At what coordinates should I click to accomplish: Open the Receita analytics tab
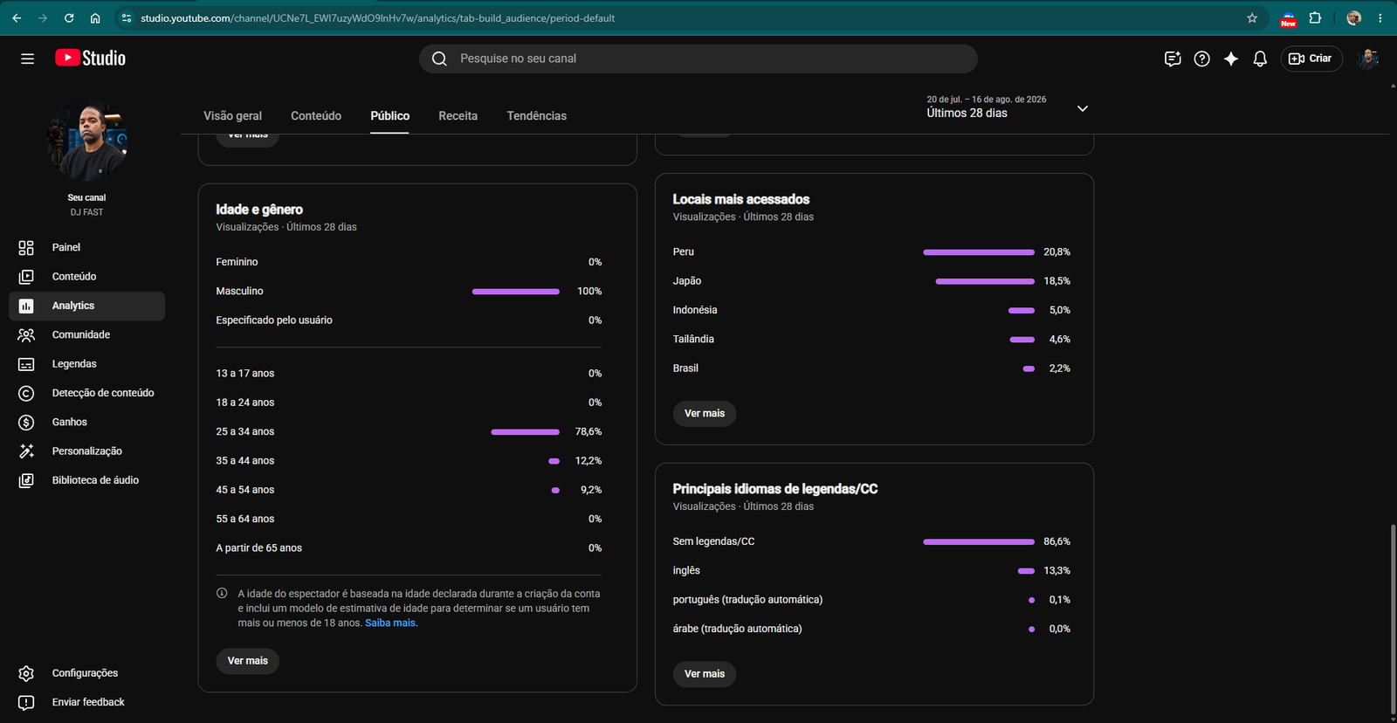coord(458,115)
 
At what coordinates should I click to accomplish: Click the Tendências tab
coord(536,115)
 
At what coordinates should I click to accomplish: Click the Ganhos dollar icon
coord(26,423)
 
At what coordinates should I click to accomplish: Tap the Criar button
coord(1311,59)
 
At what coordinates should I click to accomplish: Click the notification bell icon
coord(1260,59)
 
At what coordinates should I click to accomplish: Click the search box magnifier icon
coord(440,59)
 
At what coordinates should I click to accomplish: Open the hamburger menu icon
coord(27,59)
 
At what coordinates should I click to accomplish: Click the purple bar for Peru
coord(979,252)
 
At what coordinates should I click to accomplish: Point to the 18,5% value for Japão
coord(1056,281)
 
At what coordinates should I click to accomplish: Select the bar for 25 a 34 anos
coord(525,431)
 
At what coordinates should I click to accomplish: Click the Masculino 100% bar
coord(516,292)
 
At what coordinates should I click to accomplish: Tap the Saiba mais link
coord(390,623)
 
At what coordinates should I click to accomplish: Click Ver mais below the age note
coord(248,661)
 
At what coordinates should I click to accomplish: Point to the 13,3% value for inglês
coord(1056,571)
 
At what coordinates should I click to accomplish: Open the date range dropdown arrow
coord(1083,108)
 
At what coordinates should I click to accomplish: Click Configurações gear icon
coord(26,674)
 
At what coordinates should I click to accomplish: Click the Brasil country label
coord(685,368)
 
